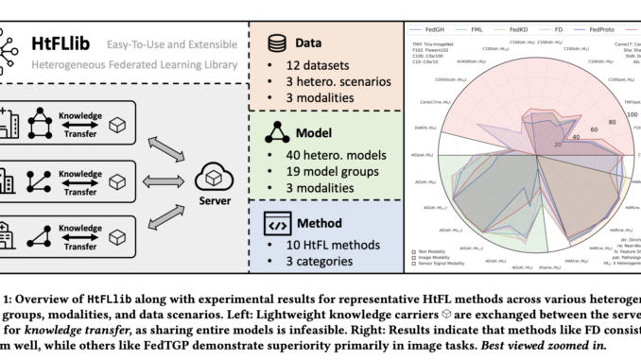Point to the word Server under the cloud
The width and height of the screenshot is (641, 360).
click(x=214, y=201)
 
